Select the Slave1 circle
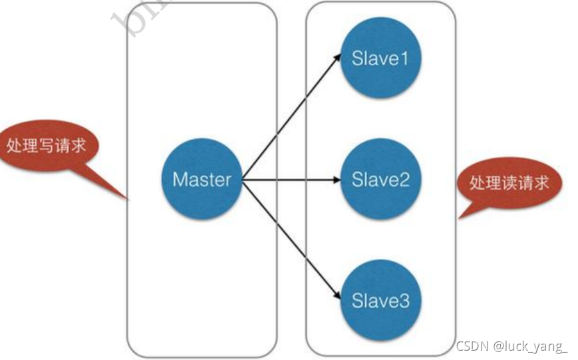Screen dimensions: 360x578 pos(380,59)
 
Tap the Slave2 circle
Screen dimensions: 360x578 pos(380,180)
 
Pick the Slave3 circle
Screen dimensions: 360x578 pos(380,301)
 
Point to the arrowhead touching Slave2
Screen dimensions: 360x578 pos(337,180)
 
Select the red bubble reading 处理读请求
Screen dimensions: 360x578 pos(509,183)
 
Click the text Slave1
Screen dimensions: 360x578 pos(380,59)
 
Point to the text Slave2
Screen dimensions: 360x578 pos(380,180)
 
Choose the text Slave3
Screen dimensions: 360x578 pos(380,301)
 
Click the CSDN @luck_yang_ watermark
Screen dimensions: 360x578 pos(511,346)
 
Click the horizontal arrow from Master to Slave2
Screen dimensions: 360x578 pos(289,180)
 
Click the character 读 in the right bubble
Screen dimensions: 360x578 pos(509,183)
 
